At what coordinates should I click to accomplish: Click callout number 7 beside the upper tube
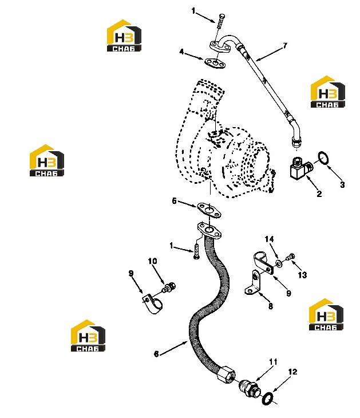(x=285, y=46)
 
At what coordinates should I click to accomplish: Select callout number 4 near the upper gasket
(x=182, y=52)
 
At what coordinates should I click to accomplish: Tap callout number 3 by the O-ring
(x=342, y=184)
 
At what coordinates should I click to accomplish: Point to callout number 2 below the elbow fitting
(x=319, y=194)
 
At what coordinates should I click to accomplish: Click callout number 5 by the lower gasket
(x=174, y=201)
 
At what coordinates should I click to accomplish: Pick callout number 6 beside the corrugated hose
(x=156, y=354)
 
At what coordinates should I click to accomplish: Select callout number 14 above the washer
(x=269, y=239)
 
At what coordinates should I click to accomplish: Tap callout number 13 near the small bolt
(x=302, y=275)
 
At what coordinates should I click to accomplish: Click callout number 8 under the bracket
(x=271, y=306)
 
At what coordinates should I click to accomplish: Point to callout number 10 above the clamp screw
(x=152, y=261)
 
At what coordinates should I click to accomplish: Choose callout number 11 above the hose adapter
(x=273, y=362)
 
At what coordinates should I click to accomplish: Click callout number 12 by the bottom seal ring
(x=292, y=372)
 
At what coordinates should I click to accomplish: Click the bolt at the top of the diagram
(x=221, y=21)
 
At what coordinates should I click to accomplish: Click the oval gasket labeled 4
(x=215, y=64)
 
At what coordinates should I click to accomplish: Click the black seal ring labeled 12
(x=267, y=399)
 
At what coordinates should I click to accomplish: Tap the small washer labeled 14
(x=279, y=263)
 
